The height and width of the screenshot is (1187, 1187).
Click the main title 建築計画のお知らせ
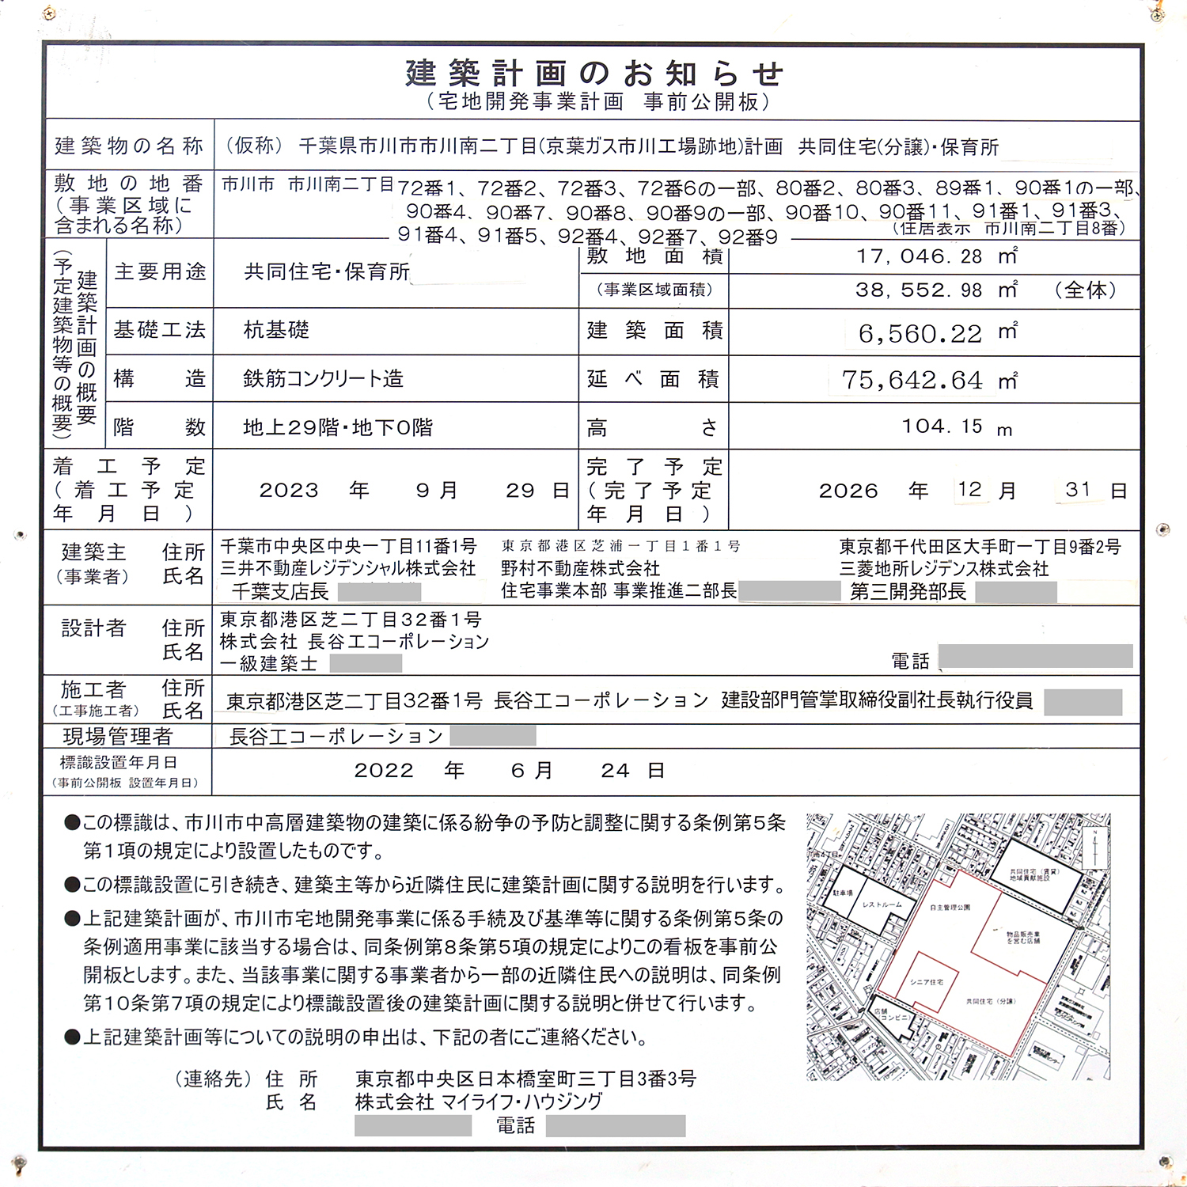[593, 74]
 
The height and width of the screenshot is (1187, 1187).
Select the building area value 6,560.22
[920, 334]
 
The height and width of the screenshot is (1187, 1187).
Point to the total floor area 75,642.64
[912, 381]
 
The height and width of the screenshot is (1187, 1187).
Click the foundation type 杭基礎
[276, 330]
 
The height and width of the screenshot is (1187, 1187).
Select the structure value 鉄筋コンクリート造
[323, 379]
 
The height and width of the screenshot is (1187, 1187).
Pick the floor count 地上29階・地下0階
[338, 428]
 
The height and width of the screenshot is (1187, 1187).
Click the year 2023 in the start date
[289, 491]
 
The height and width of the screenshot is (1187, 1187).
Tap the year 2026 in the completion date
[848, 491]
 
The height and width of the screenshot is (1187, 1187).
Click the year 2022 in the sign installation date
[384, 771]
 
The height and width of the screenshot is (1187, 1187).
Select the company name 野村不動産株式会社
[580, 569]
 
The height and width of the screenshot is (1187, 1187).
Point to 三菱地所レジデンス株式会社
[943, 569]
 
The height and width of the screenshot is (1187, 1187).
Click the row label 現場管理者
[117, 737]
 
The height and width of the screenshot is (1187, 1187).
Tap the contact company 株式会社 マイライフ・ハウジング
[478, 1102]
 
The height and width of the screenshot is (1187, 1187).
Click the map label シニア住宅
[926, 982]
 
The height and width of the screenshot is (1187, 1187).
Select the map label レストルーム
[882, 904]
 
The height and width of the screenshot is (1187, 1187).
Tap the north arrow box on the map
[1094, 848]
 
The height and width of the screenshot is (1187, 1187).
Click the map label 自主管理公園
[950, 908]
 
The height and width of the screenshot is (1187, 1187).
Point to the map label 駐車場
[842, 893]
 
